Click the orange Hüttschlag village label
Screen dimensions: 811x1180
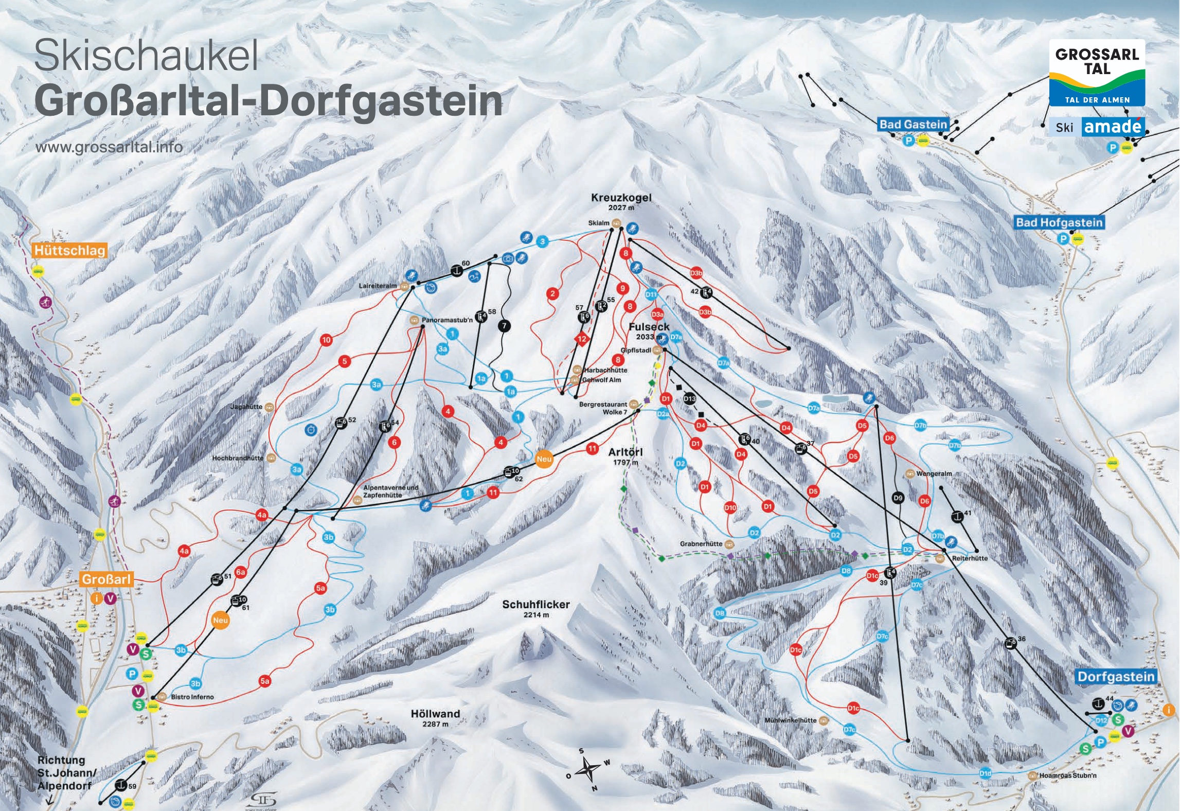point(69,251)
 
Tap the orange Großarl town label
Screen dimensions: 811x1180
point(106,579)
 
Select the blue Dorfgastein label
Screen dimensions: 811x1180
point(1116,676)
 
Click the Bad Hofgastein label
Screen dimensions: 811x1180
point(1059,222)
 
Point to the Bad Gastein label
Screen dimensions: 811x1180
point(913,124)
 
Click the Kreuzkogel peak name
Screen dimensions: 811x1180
point(621,198)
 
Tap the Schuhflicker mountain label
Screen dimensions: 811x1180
point(536,605)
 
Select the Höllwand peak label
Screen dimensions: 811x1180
point(435,714)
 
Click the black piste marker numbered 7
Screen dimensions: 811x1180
point(505,326)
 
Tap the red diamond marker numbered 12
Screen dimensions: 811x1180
point(582,339)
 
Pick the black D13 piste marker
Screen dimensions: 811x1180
point(689,399)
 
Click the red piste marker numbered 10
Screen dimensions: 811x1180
point(326,340)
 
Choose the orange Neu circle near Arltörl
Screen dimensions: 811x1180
point(544,459)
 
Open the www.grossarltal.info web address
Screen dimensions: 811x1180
point(109,147)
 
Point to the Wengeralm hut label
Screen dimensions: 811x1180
point(934,473)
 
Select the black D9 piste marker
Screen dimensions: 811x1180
point(898,498)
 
